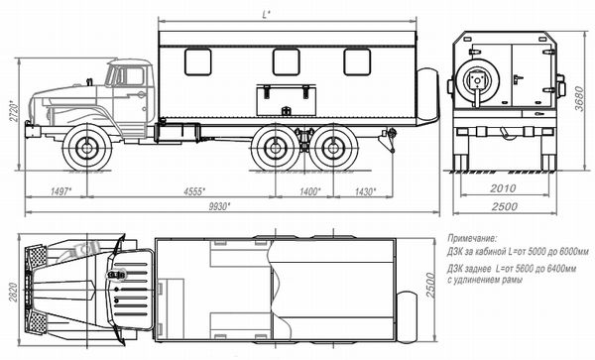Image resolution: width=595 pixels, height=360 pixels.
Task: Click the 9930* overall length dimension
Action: [220, 206]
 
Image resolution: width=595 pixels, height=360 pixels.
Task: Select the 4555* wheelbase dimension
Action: [194, 191]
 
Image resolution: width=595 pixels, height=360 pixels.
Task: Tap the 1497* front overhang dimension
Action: [61, 191]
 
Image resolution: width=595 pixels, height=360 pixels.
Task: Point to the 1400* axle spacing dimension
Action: [310, 191]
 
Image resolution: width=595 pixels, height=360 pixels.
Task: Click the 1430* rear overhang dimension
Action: [365, 191]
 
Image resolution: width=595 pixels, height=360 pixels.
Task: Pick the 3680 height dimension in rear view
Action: [579, 98]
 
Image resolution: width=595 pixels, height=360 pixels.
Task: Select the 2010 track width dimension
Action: [503, 188]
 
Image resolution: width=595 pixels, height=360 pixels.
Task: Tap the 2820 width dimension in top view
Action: [13, 292]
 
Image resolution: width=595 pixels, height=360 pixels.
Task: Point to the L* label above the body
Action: [267, 15]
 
